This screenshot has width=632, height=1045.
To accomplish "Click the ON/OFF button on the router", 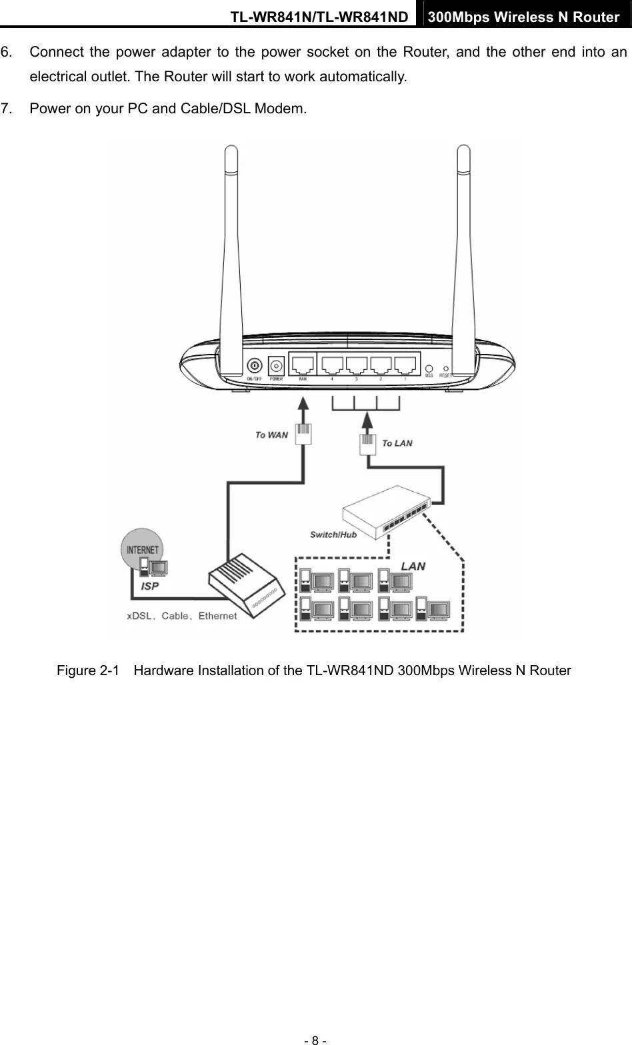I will pyautogui.click(x=254, y=365).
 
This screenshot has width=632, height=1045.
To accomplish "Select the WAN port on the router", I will pyautogui.click(x=303, y=365).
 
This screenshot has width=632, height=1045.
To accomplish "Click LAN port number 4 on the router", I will pyautogui.click(x=333, y=365).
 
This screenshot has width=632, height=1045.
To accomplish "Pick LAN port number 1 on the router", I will pyautogui.click(x=405, y=365).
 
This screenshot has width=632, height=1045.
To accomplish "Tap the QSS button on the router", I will pyautogui.click(x=429, y=368).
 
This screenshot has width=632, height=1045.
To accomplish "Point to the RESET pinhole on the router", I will pyautogui.click(x=445, y=368).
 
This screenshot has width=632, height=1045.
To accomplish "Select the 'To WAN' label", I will pyautogui.click(x=271, y=435).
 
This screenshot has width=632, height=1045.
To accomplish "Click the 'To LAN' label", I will pyautogui.click(x=397, y=443).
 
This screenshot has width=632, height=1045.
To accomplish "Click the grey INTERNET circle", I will pyautogui.click(x=142, y=549).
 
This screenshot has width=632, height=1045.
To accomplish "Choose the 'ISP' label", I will pyautogui.click(x=150, y=586).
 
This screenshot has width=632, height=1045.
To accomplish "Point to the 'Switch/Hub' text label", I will pyautogui.click(x=333, y=534).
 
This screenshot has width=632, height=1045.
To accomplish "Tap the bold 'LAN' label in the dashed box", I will pyautogui.click(x=413, y=566).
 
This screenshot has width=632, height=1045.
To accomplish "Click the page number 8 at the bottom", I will pyautogui.click(x=315, y=1038).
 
